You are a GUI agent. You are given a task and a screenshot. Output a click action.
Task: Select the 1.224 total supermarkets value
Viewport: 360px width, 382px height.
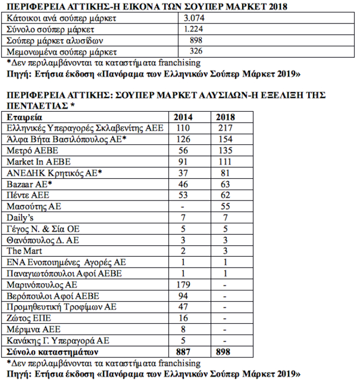(x=195, y=29)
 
